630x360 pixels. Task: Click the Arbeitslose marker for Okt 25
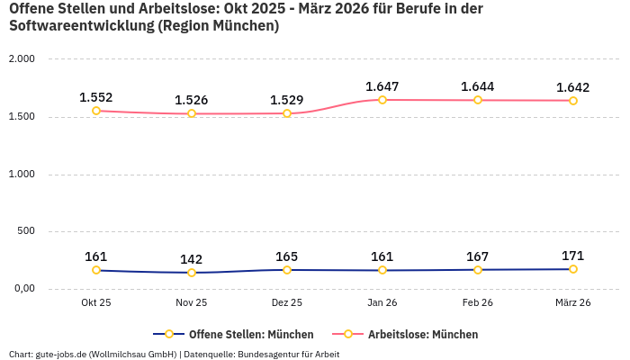pyautogui.click(x=96, y=111)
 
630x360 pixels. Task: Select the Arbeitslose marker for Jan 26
pyautogui.click(x=382, y=100)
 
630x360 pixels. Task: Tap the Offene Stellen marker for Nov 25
pyautogui.click(x=192, y=273)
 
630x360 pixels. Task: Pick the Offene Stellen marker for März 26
pyautogui.click(x=573, y=269)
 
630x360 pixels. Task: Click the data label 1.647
pyautogui.click(x=382, y=86)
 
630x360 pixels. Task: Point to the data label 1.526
pyautogui.click(x=192, y=100)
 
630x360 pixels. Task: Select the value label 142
pyautogui.click(x=192, y=259)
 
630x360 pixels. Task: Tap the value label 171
pyautogui.click(x=573, y=256)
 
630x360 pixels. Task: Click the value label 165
pyautogui.click(x=287, y=256)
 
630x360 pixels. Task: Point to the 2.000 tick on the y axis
pyautogui.click(x=22, y=59)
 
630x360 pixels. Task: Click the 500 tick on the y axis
pyautogui.click(x=25, y=231)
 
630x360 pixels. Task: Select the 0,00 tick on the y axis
pyautogui.click(x=22, y=289)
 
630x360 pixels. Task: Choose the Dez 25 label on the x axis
pyautogui.click(x=287, y=303)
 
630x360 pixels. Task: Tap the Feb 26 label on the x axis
pyautogui.click(x=478, y=303)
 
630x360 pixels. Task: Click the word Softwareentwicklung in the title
pyautogui.click(x=81, y=26)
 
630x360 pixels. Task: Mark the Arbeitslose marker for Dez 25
pyautogui.click(x=287, y=113)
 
